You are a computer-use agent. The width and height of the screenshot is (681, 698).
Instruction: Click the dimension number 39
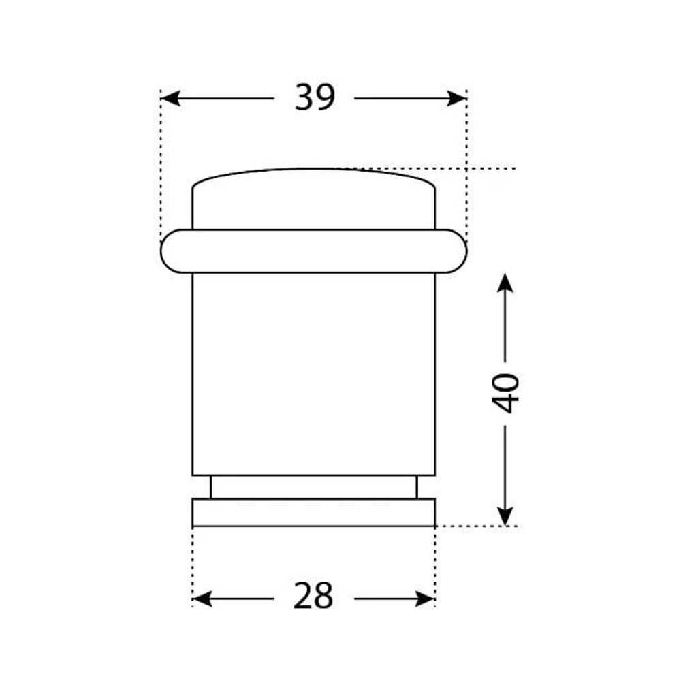[314, 97]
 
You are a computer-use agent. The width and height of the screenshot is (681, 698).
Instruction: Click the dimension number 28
[313, 596]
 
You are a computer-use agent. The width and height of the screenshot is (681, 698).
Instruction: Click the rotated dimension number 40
[505, 394]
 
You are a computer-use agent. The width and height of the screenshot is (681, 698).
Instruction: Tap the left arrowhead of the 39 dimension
[170, 98]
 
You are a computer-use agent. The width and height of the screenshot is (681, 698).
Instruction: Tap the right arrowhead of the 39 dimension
[457, 98]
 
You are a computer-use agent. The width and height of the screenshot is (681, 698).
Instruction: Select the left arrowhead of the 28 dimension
[202, 599]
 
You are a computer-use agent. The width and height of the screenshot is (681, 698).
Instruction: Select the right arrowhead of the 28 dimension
[425, 599]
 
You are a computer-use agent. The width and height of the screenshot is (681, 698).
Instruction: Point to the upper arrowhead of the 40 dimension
[505, 283]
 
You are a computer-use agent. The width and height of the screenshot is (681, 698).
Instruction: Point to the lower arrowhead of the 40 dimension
[505, 516]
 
